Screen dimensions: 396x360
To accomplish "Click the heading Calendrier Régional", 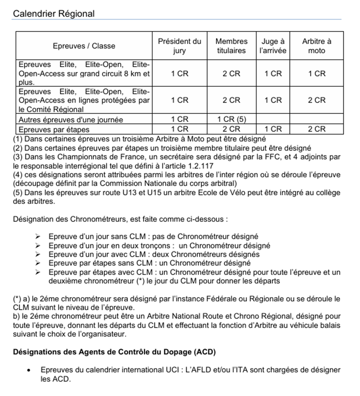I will (54, 13).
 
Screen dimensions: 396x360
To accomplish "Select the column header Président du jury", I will (180, 46).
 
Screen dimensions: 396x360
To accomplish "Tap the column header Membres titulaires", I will (231, 46).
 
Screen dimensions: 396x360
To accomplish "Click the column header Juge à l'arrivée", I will (273, 46).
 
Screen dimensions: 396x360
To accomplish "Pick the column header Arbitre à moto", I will (316, 46).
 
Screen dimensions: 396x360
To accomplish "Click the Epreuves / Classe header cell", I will (84, 46).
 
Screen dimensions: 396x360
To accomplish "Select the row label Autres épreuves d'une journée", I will (71, 120).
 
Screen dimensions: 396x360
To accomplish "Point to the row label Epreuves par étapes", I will (54, 129).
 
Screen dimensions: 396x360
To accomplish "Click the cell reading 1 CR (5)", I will (231, 120).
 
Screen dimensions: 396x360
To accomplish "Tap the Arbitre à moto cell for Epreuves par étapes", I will (316, 129).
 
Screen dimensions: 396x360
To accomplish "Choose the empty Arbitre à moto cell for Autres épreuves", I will (316, 120).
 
